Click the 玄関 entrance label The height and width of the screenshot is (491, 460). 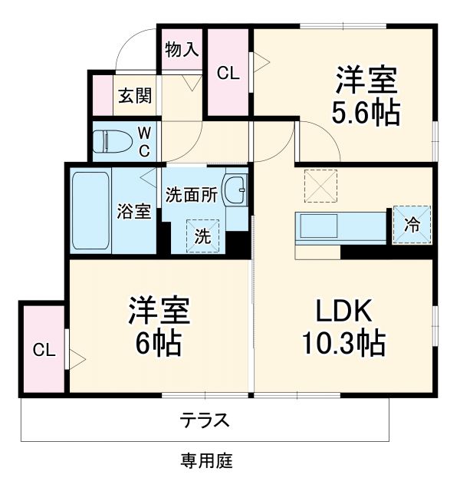[x=134, y=97]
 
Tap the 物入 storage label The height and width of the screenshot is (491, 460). [x=182, y=50]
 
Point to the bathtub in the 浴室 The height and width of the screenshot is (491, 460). [x=92, y=211]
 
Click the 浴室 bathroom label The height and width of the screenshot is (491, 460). [x=133, y=212]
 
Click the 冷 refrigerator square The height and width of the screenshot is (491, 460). [x=412, y=224]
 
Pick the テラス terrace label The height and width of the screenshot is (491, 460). [x=205, y=420]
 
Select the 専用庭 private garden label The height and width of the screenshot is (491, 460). [x=206, y=461]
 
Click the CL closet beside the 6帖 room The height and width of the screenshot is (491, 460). [x=44, y=351]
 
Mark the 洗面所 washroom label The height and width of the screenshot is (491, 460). [x=192, y=194]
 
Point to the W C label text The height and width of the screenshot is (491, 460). [x=143, y=141]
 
